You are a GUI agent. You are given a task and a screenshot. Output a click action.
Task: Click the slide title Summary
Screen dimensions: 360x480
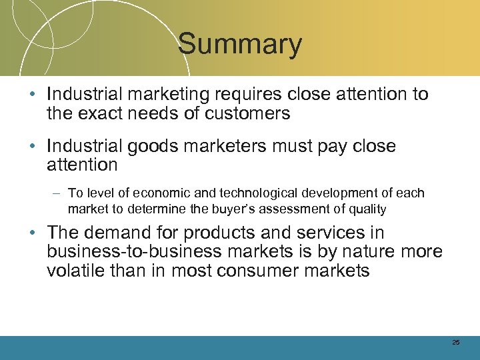tap(240, 45)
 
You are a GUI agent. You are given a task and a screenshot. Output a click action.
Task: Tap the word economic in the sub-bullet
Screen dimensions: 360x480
tap(161, 193)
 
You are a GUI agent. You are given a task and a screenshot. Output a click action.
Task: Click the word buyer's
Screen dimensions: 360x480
tap(267, 209)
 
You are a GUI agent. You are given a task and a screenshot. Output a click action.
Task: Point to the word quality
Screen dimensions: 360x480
tap(369, 209)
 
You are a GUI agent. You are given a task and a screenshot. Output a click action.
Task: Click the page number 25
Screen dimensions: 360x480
tap(456, 343)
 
